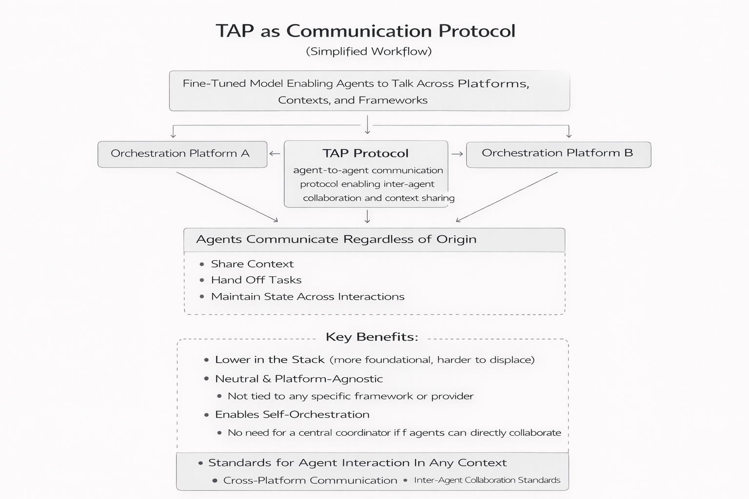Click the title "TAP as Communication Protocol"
(365, 31)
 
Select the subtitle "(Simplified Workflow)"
(369, 51)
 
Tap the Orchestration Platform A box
(182, 154)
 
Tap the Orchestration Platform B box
(558, 154)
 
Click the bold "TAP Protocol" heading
(365, 154)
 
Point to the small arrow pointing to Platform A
(275, 154)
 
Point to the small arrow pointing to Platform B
(457, 154)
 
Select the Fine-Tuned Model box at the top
(369, 91)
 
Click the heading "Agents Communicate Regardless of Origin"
(336, 239)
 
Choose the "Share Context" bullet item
(252, 264)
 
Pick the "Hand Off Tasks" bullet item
(256, 280)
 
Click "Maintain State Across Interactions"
(307, 297)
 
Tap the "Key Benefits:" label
(372, 337)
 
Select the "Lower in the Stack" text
(270, 360)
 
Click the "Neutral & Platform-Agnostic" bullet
(298, 379)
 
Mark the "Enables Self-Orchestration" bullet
(292, 415)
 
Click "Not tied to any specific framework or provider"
(350, 396)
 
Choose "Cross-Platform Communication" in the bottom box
(310, 480)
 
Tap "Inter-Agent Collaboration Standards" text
(487, 480)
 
